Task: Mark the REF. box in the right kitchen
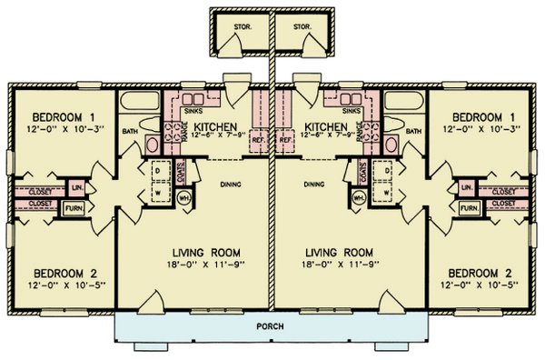(x=284, y=141)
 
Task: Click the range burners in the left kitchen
(x=172, y=135)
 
